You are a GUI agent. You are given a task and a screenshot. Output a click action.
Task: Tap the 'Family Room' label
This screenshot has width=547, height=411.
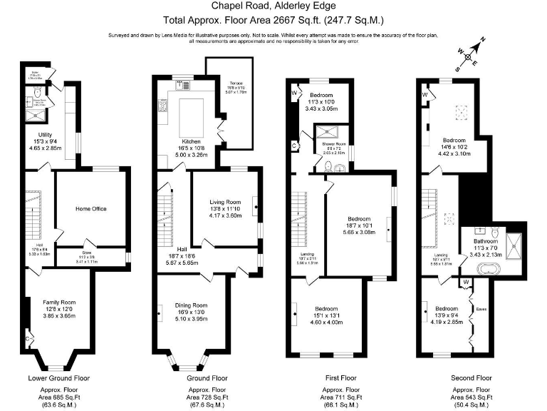[x=59, y=301]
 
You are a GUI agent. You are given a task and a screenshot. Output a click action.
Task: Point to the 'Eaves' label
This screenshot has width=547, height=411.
[x=481, y=309]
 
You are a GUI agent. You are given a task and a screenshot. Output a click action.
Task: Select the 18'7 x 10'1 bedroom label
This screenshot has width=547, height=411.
[x=359, y=218]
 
